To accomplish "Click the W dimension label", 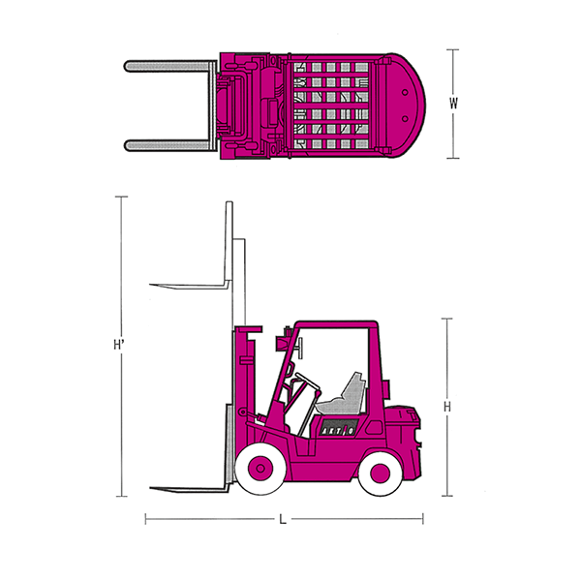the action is tap(453, 104).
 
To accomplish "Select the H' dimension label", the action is tap(118, 345).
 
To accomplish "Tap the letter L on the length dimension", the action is tap(283, 520).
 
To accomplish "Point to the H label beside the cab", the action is tap(447, 407).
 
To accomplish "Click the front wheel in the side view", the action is tap(260, 469).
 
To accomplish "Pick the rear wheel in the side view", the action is tap(381, 473).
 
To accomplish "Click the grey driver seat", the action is tap(343, 395).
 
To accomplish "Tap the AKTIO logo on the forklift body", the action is tap(337, 430).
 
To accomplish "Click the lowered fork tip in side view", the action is tap(151, 488).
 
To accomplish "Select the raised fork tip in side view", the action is tap(151, 285).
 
